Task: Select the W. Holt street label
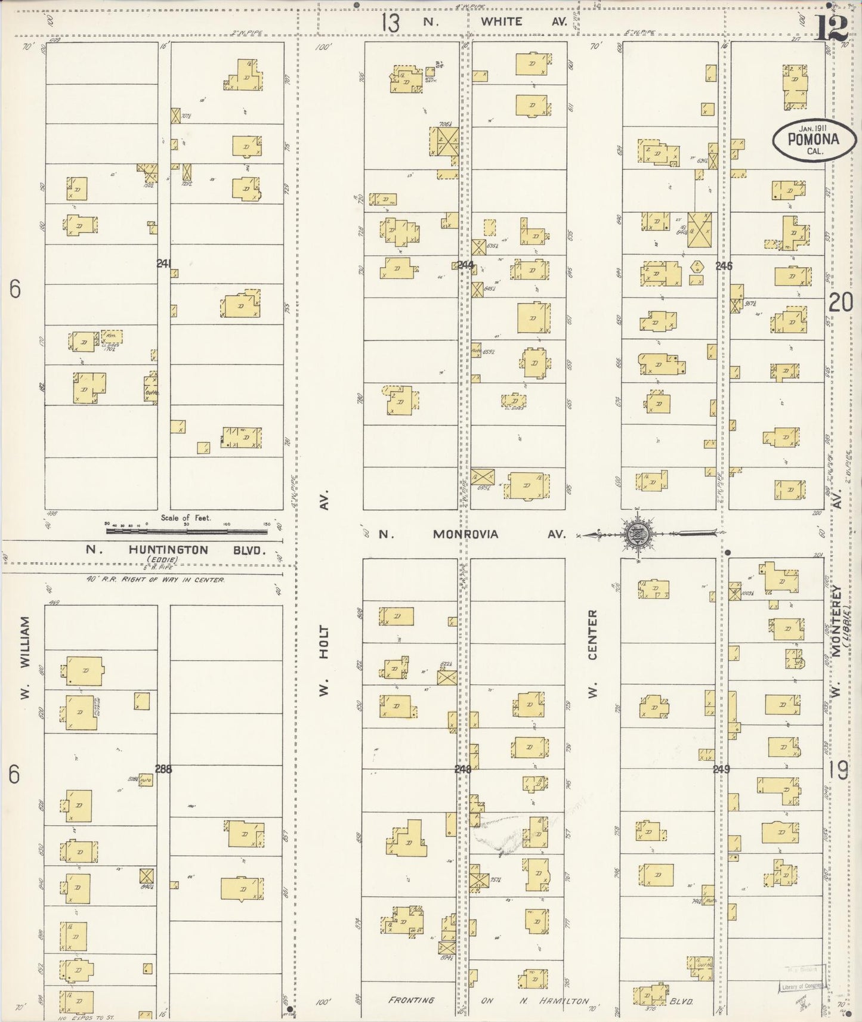pyautogui.click(x=324, y=659)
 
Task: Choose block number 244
pyautogui.click(x=465, y=265)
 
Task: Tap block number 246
pyautogui.click(x=723, y=266)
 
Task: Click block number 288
pyautogui.click(x=163, y=769)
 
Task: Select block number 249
pyautogui.click(x=721, y=770)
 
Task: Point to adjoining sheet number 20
pyautogui.click(x=840, y=303)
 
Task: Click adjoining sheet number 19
pyautogui.click(x=838, y=771)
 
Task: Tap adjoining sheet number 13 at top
pyautogui.click(x=391, y=23)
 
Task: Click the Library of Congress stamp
pyautogui.click(x=801, y=987)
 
